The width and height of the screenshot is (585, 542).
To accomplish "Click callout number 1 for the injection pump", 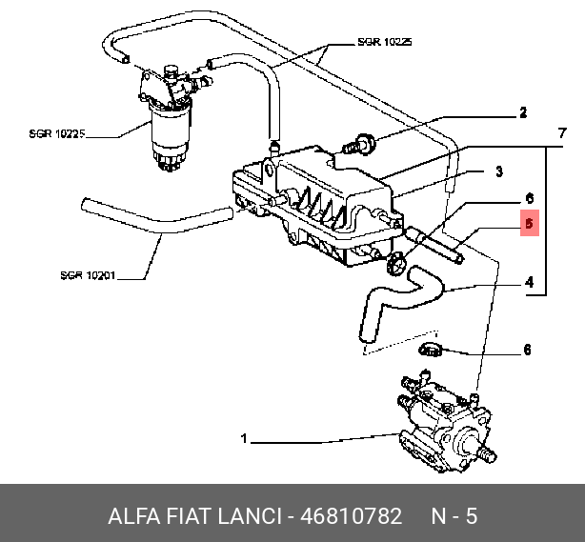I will coord(244,439).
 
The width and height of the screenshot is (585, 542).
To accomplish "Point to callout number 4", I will coord(527,282).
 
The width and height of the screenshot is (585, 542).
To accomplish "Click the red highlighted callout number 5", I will coord(531,225).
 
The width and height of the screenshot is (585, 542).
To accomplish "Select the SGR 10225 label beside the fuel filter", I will coord(58,134).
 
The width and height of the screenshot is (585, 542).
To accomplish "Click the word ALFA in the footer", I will coord(134,515).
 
